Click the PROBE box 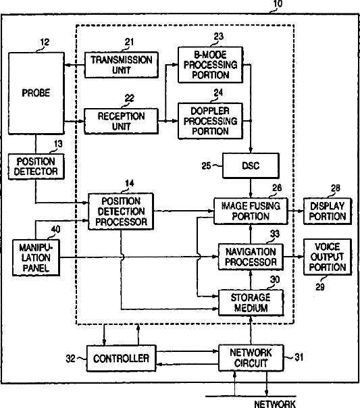[36, 93]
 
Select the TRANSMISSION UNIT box [121, 65]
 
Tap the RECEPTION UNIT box [121, 122]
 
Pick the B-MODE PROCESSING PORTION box [211, 65]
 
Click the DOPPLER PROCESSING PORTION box [211, 121]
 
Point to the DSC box [251, 165]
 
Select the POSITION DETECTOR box [36, 167]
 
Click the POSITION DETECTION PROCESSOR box [121, 211]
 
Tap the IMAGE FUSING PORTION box [251, 211]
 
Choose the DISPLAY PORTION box [328, 211]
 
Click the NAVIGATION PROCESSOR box [251, 257]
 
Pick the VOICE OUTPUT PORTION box [328, 257]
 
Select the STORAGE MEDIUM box [251, 303]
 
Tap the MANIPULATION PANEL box [36, 257]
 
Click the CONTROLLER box [121, 358]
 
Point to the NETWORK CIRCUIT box [251, 358]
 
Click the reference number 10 [278, 3]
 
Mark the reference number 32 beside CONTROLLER [70, 359]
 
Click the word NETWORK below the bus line [275, 404]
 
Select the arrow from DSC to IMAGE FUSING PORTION [251, 188]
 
